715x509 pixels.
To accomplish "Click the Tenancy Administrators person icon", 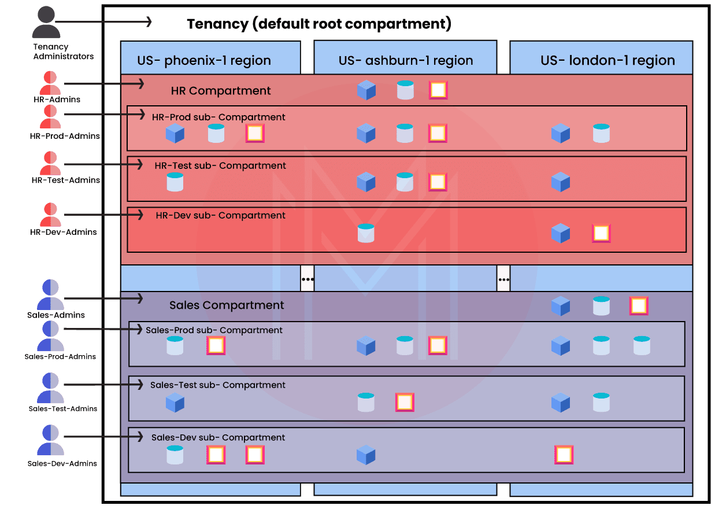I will click(x=46, y=23).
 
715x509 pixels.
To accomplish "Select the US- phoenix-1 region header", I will click(x=203, y=60).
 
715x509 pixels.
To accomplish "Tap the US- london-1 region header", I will click(x=607, y=60).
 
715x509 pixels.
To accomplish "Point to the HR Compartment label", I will click(x=221, y=91).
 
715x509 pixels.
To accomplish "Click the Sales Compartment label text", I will click(x=227, y=305).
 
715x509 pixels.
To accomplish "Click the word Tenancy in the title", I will click(x=217, y=24).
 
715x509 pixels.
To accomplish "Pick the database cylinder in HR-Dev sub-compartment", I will click(x=366, y=233).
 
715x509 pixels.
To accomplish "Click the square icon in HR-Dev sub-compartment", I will click(x=601, y=233).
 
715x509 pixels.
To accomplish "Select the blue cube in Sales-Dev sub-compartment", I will click(x=366, y=455).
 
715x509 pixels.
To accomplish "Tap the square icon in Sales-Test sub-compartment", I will click(x=405, y=402).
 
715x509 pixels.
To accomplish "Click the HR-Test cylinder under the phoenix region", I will click(x=175, y=182).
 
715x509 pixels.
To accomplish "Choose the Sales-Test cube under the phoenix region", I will click(x=175, y=403).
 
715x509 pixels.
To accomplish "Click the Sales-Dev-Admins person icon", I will click(x=51, y=441).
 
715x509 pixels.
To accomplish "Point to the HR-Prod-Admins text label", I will click(x=65, y=136).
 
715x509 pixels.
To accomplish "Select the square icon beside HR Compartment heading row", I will click(x=438, y=90).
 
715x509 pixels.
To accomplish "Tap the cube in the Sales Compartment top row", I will click(x=561, y=306).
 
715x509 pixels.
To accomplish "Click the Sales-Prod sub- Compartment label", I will click(x=214, y=330).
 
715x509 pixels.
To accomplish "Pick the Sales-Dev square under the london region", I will click(x=564, y=455).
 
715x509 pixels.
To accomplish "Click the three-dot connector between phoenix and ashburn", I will click(x=308, y=278).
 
